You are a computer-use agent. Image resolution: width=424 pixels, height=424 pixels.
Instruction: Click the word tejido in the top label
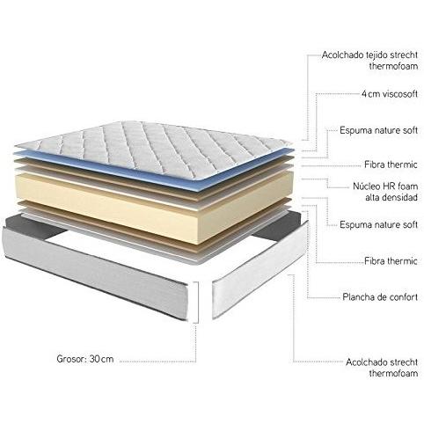[377, 55]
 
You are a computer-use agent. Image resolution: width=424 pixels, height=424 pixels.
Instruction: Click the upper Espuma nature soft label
[378, 130]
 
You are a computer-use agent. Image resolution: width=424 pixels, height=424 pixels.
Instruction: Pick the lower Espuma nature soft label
[378, 225]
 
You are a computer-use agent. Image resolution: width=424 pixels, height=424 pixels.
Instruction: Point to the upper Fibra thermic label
[391, 164]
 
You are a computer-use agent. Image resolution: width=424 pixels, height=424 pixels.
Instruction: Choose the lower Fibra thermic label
[391, 261]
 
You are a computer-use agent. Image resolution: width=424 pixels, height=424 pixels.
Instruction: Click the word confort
[403, 297]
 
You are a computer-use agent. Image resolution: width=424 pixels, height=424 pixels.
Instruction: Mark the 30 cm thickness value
[101, 359]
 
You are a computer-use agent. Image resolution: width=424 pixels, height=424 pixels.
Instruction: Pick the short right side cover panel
[260, 271]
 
